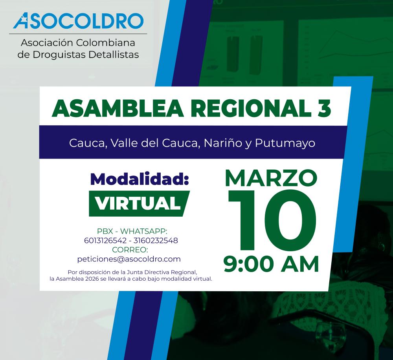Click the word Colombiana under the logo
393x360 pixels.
(x=105, y=42)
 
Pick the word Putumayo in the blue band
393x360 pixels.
(x=285, y=143)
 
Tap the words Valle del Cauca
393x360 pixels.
(x=155, y=143)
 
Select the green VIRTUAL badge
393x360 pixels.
(x=139, y=203)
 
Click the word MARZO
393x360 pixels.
(x=271, y=178)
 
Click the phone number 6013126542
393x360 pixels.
(x=105, y=241)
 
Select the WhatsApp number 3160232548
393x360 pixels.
(x=156, y=241)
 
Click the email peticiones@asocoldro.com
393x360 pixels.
(x=129, y=259)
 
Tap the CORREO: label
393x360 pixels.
(x=130, y=250)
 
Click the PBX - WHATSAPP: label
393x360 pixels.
(x=132, y=231)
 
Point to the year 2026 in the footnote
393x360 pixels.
(x=92, y=279)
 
